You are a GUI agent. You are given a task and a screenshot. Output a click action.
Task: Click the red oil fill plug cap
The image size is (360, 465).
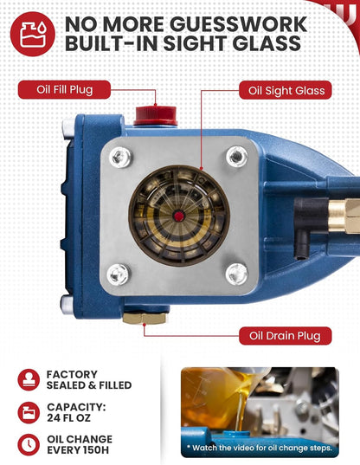pos(156,116)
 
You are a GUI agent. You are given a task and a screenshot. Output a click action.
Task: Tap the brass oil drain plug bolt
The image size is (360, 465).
pos(144,318)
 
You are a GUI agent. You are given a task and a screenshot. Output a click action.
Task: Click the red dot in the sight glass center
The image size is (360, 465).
pos(178,216)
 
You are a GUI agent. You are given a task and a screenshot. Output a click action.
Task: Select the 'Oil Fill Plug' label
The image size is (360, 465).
pos(64,89)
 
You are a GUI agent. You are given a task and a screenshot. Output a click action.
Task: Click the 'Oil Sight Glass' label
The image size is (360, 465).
pos(286,90)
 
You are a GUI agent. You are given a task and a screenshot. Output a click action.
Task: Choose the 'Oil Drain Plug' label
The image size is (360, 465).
pos(285,336)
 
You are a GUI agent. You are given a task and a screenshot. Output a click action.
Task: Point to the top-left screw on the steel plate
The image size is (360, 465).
pos(120,157)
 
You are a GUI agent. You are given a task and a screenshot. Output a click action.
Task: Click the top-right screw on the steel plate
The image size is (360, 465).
pos(237,156)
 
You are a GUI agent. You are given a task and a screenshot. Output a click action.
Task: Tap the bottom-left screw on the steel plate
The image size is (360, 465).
pos(118,274)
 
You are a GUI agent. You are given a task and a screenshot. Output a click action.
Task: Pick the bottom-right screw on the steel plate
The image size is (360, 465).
pos(236,274)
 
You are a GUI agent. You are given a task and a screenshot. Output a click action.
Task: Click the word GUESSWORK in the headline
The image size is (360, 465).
pos(239,24)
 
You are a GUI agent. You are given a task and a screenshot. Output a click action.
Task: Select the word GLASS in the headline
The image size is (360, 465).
pos(267,43)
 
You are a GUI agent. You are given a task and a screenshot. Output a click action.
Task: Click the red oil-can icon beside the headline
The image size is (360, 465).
pos(33,34)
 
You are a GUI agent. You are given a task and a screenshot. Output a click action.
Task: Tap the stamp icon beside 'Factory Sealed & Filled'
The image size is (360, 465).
pos(29,379)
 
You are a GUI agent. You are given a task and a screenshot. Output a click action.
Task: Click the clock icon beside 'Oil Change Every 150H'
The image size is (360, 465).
pos(29,444)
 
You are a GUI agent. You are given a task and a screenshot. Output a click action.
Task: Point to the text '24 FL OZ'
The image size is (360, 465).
pos(68,418)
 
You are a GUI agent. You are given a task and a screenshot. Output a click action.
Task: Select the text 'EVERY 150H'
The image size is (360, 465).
pos(78,450)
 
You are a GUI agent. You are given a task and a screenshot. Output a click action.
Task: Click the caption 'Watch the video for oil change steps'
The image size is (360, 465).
pos(260,447)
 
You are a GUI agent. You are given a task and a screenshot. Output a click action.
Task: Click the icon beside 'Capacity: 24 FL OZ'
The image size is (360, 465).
pos(29,412)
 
